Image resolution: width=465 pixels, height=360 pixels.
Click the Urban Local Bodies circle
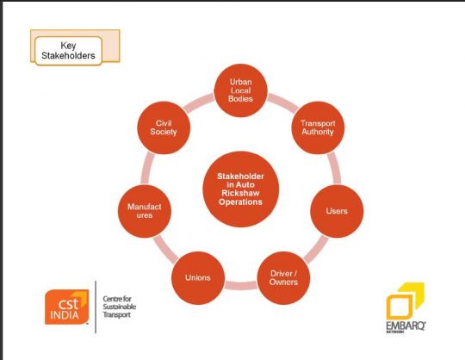point(241,90)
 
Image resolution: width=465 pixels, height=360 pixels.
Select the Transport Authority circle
point(318,127)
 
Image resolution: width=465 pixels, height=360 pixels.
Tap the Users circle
point(337,211)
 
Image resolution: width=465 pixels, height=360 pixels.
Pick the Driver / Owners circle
point(283,278)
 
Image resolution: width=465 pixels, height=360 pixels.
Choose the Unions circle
point(198,278)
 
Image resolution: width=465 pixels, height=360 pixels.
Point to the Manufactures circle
point(145,211)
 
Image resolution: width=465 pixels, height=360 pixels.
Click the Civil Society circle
point(164,127)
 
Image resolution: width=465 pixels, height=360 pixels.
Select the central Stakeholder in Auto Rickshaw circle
point(241,189)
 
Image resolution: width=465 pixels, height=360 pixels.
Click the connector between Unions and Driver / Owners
point(241,286)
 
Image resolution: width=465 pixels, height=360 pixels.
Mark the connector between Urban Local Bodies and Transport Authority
point(283,102)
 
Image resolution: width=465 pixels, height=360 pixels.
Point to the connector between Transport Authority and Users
point(335,169)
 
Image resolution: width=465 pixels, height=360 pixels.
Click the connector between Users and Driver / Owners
point(316,250)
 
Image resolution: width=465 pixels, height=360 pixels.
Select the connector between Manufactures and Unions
point(165,250)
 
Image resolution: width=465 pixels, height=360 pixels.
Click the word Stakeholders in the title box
point(68,55)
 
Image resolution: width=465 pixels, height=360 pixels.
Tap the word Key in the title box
point(68,46)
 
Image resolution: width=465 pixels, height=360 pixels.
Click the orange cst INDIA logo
point(66,307)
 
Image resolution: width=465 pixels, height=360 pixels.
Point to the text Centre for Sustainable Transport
point(119,307)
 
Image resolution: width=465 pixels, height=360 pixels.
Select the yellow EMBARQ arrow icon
point(405,301)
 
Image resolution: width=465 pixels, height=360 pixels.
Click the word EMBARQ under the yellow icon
point(406,326)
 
